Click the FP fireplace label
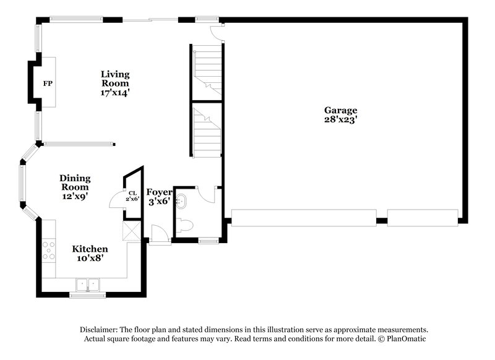click(x=47, y=83)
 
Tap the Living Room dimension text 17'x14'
click(x=116, y=92)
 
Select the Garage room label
click(x=340, y=110)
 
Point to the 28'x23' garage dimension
click(x=341, y=119)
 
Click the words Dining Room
click(x=74, y=182)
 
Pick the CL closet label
click(x=132, y=193)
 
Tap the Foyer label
click(x=158, y=192)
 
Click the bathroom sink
click(x=181, y=201)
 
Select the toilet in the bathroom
click(x=184, y=226)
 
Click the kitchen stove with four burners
click(x=48, y=249)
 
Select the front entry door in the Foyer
click(x=159, y=234)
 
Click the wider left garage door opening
click(x=303, y=217)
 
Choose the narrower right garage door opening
click(x=423, y=217)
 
